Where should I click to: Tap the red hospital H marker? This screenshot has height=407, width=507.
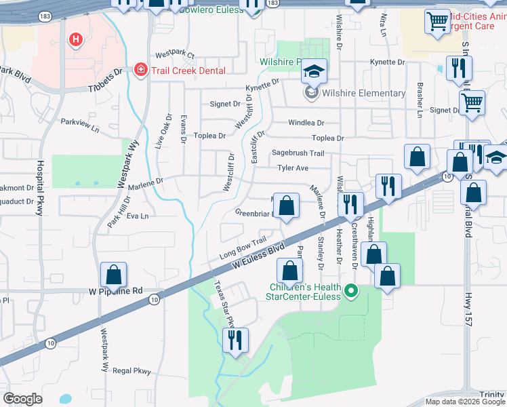[x=75, y=40]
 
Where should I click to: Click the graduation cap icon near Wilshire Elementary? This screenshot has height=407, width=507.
[x=314, y=71]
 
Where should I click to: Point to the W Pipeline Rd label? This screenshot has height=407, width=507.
[x=116, y=291]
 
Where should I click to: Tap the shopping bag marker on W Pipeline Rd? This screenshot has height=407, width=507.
[x=113, y=275]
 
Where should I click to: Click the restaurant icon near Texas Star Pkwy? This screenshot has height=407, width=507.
[x=235, y=339]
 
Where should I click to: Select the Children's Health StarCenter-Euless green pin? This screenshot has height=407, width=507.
[x=351, y=292]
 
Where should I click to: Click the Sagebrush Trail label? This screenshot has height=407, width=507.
[x=298, y=153]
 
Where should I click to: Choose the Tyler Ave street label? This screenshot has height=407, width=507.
[x=293, y=168]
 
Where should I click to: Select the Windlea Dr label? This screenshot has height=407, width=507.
[x=306, y=123]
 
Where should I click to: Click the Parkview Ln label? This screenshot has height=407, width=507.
[x=80, y=124]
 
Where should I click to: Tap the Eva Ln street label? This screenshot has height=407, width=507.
[x=137, y=216]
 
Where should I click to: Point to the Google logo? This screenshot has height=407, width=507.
[x=22, y=399]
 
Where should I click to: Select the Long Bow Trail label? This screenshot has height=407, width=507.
[x=243, y=248]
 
